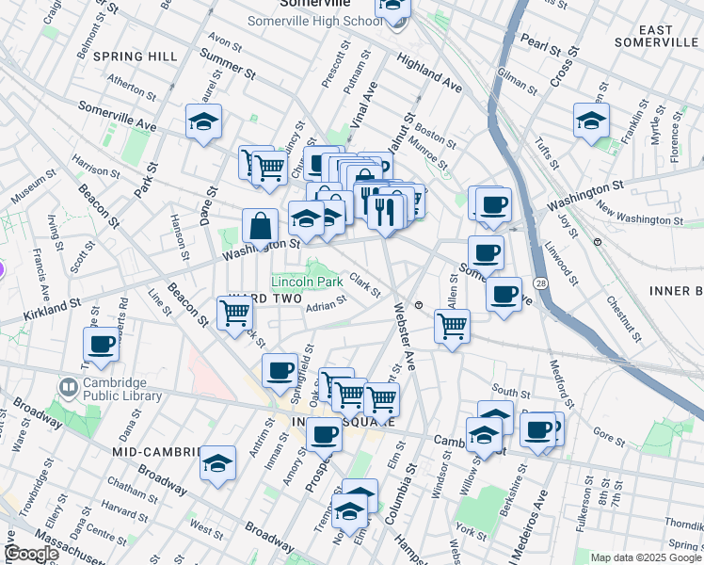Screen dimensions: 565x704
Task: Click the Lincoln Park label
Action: point(308,282)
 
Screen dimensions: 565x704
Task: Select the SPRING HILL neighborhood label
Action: point(136,56)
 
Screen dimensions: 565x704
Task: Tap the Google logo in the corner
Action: point(31,554)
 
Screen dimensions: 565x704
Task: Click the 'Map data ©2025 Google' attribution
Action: point(645,557)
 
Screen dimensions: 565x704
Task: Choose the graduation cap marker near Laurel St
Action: point(203,122)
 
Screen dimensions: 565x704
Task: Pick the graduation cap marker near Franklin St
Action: point(591,121)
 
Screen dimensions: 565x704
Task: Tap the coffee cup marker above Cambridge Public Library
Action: point(102,345)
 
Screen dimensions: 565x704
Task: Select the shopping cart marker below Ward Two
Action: point(234,313)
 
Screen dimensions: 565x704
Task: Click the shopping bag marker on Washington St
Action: point(261,226)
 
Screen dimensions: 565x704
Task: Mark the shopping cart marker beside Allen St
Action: point(453,327)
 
